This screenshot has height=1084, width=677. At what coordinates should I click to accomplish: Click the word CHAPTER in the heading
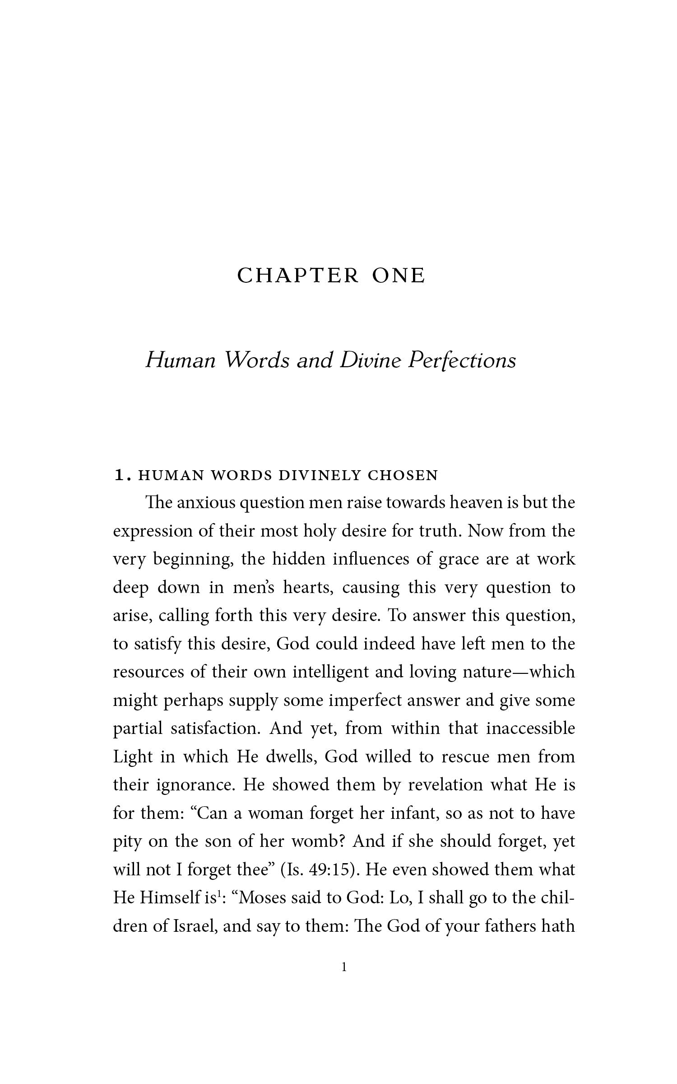pyautogui.click(x=298, y=276)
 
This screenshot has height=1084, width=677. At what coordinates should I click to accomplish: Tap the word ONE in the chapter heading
pyautogui.click(x=398, y=276)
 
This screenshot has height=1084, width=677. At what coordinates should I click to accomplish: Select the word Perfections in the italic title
pyautogui.click(x=461, y=360)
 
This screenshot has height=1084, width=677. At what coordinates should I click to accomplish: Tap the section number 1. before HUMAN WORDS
pyautogui.click(x=123, y=475)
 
